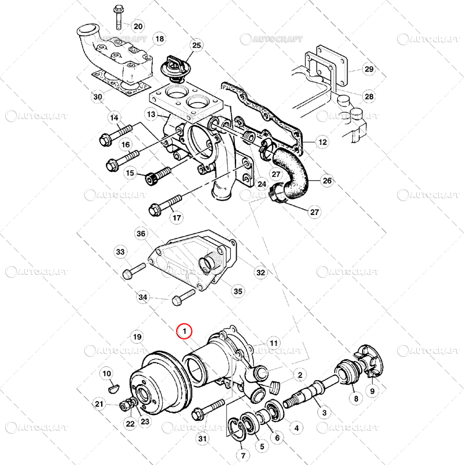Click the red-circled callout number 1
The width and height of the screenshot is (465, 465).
[x=184, y=331]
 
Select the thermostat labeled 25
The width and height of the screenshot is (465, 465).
[x=172, y=69]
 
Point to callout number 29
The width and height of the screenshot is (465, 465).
[x=369, y=69]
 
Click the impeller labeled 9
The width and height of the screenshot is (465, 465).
[x=369, y=361]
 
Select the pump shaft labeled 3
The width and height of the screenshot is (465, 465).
[x=311, y=391]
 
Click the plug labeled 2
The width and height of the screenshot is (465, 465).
[x=276, y=387]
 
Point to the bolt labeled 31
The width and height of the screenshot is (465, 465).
[x=208, y=410]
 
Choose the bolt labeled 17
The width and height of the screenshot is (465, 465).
[x=164, y=205]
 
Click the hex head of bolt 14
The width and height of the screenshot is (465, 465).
[x=105, y=139]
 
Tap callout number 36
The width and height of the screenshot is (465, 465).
[x=141, y=234]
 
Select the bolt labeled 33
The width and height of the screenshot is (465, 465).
[x=134, y=271]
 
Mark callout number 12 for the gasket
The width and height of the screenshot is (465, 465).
[x=323, y=142]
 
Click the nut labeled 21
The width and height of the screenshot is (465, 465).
[x=124, y=406]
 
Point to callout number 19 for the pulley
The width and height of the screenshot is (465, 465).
[x=137, y=337]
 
